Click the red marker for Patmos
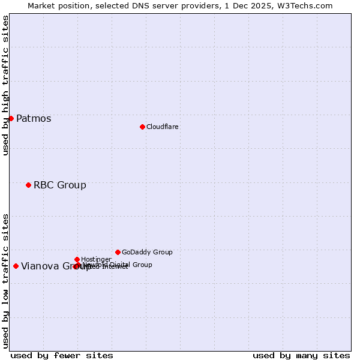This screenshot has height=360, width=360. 11,118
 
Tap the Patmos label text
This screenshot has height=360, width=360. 34,119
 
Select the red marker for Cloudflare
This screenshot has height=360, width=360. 142,127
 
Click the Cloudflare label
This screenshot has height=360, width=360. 163,127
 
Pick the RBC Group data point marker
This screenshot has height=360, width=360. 28,185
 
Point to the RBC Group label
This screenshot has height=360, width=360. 60,185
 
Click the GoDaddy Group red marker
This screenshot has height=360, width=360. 118,252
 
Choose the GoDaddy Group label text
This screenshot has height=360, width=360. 147,253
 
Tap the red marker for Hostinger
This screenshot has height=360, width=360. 77,259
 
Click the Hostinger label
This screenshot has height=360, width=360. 96,260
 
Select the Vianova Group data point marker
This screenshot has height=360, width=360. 16,266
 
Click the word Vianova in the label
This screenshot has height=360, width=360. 40,267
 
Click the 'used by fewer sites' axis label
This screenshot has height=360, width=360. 62,355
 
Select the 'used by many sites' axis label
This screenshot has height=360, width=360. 301,355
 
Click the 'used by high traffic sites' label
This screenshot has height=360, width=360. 6,85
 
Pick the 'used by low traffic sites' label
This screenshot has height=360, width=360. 6,280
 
